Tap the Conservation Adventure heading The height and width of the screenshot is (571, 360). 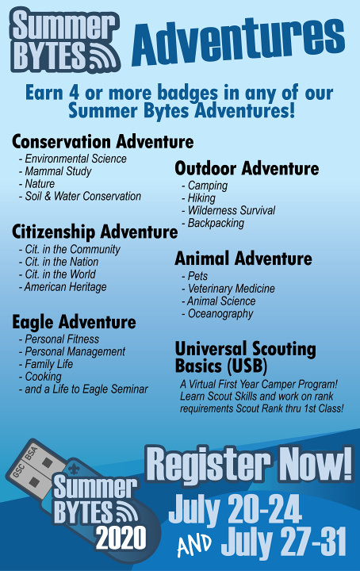(x=102, y=142)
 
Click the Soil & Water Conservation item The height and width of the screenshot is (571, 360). (x=80, y=197)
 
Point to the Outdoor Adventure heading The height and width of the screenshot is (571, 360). (x=247, y=168)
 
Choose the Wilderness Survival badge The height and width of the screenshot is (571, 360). (x=228, y=210)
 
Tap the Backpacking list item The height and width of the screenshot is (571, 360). (x=213, y=223)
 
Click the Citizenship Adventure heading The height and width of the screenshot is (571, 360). (x=94, y=232)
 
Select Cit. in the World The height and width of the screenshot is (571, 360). (x=57, y=274)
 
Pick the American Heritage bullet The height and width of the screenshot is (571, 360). (x=63, y=287)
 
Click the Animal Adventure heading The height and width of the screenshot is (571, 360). (x=243, y=259)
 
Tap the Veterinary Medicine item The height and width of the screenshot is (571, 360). (x=228, y=289)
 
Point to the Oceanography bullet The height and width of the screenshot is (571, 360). (x=217, y=314)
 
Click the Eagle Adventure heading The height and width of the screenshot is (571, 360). (x=74, y=322)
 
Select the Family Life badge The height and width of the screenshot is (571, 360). (x=46, y=364)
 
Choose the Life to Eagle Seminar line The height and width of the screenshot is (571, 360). (x=83, y=389)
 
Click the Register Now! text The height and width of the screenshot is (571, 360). (x=249, y=465)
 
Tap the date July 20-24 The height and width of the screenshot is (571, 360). (x=236, y=510)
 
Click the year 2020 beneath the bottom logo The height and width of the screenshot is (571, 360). (x=121, y=538)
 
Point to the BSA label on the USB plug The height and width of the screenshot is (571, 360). (x=31, y=453)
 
